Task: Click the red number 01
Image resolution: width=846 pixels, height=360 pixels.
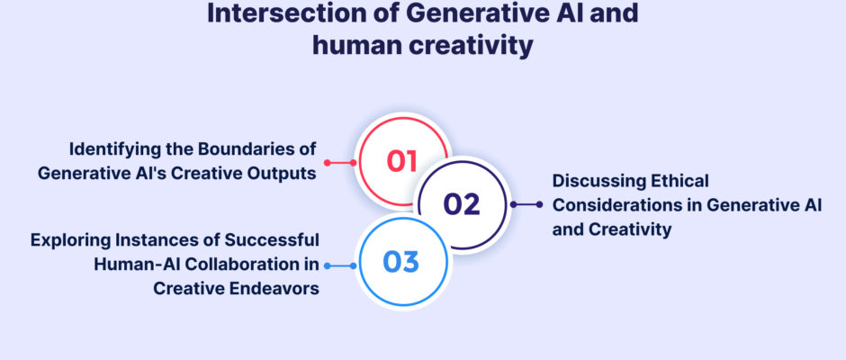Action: click(402, 161)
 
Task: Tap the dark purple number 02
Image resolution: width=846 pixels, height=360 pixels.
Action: click(462, 204)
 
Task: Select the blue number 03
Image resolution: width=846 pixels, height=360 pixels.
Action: click(400, 262)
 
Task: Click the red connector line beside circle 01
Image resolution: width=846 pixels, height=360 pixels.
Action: click(340, 163)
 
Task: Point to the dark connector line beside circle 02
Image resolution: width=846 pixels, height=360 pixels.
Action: click(526, 204)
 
